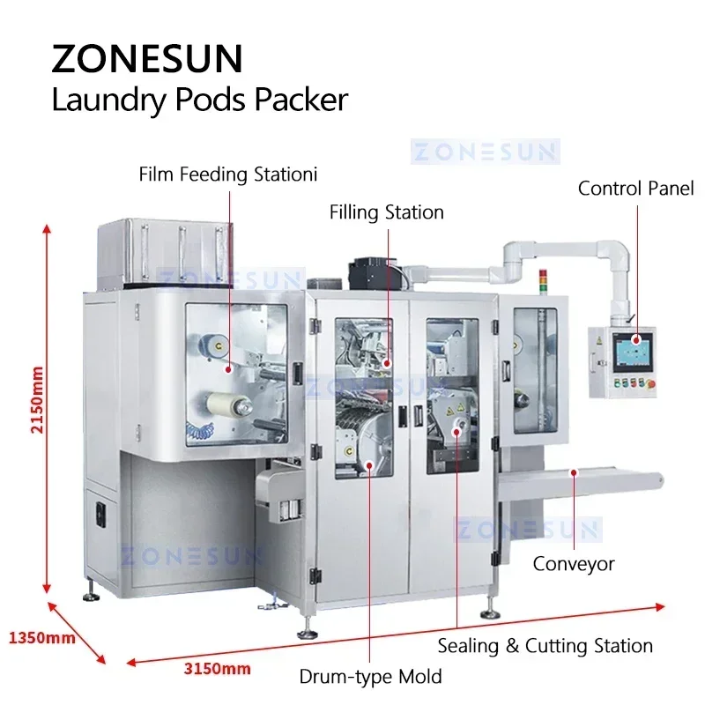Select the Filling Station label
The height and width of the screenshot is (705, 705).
coord(387,212)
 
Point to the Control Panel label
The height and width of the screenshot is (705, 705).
coord(635,188)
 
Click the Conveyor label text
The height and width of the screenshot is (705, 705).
coord(574,563)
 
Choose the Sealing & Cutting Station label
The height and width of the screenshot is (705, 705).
coord(545,646)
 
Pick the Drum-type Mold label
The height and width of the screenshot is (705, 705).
coord(370,677)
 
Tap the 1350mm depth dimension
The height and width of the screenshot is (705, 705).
coord(41,636)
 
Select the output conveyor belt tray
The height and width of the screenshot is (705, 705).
coord(582,482)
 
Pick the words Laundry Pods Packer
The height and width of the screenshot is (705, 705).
coord(200,100)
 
